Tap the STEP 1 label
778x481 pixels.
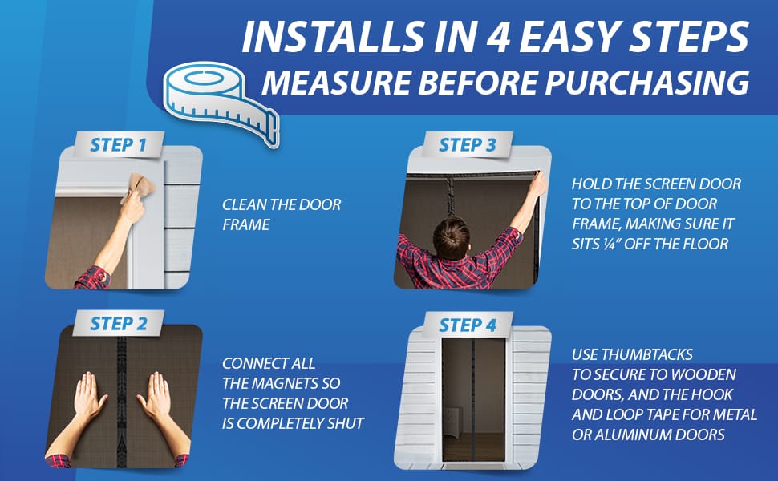click(119, 145)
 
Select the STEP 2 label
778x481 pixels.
click(119, 323)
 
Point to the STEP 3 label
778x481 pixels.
click(468, 145)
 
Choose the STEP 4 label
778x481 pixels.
click(468, 325)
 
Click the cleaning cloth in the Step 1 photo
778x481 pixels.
click(139, 188)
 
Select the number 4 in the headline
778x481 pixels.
click(498, 37)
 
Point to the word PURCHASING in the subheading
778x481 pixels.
click(647, 83)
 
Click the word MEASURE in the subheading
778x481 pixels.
click(336, 83)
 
